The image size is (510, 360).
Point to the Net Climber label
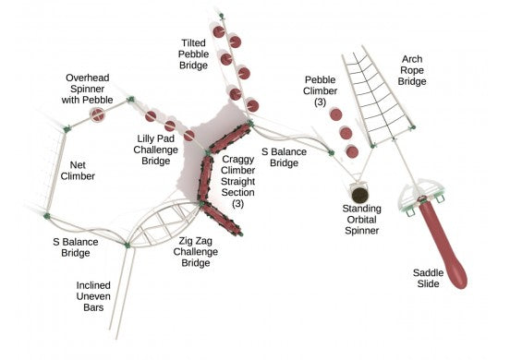click(x=77, y=167)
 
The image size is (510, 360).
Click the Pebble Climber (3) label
click(x=322, y=90)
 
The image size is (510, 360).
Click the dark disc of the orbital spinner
click(x=362, y=193)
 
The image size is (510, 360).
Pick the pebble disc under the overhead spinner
click(x=97, y=114)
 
